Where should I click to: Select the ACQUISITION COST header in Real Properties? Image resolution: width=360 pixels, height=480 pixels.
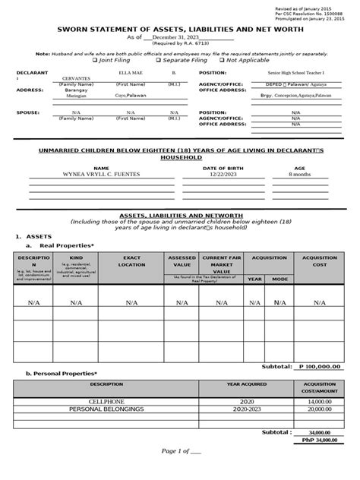(319, 263)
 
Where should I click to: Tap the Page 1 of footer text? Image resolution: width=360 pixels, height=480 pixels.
(180, 472)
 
